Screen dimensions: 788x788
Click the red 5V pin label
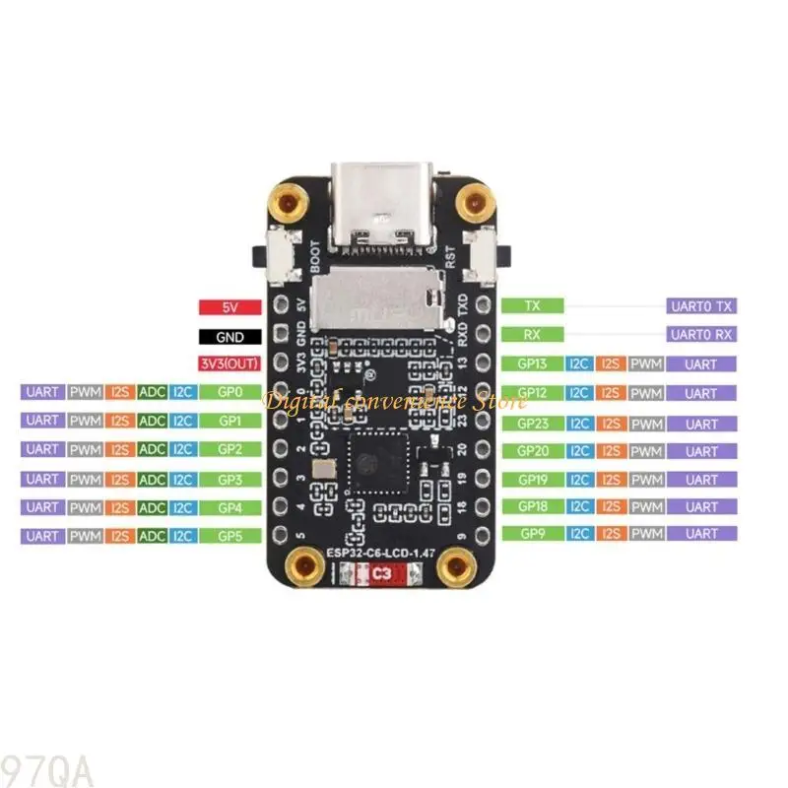[230, 307]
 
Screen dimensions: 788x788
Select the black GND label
[230, 336]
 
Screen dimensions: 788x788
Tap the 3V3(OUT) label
[230, 363]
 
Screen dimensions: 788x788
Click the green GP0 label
[230, 392]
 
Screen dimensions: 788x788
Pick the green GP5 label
[230, 536]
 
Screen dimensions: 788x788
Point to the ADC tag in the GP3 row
[152, 479]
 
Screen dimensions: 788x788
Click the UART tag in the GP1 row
[41, 421]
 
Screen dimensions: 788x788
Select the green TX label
[533, 306]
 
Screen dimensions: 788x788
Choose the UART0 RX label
[701, 335]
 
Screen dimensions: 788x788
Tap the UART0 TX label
[701, 306]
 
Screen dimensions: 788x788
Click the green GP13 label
[533, 363]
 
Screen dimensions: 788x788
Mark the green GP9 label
[533, 534]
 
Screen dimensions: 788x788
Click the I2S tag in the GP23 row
[612, 424]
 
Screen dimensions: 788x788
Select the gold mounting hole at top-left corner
[288, 206]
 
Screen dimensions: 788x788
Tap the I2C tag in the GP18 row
[579, 506]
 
